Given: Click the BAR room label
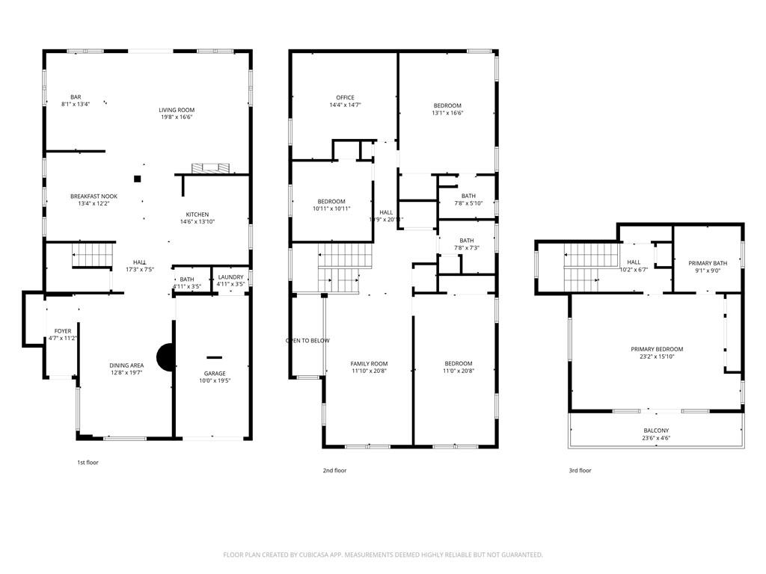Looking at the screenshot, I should pyautogui.click(x=76, y=97).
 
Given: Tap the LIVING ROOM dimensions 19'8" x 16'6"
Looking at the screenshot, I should pyautogui.click(x=177, y=117).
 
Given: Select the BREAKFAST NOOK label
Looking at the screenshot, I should pyautogui.click(x=94, y=196).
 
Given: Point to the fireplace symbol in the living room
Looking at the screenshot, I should pyautogui.click(x=211, y=168).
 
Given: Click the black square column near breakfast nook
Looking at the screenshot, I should pyautogui.click(x=138, y=179).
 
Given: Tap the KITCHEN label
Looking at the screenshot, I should pyautogui.click(x=197, y=215).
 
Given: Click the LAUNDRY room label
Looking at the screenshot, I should pyautogui.click(x=230, y=277).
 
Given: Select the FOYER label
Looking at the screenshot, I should pyautogui.click(x=63, y=331).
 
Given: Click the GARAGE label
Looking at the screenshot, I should pyautogui.click(x=215, y=374).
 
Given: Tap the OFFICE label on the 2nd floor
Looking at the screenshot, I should pyautogui.click(x=345, y=98).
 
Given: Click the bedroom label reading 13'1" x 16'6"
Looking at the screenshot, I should pyautogui.click(x=447, y=114).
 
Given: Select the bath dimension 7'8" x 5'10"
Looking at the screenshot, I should pyautogui.click(x=468, y=203).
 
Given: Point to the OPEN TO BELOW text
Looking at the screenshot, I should pyautogui.click(x=307, y=341).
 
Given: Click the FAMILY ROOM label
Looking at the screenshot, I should pyautogui.click(x=369, y=364).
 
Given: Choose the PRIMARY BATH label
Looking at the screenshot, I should pyautogui.click(x=708, y=263).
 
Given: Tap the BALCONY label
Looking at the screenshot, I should pyautogui.click(x=656, y=430).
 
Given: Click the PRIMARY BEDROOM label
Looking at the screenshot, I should pyautogui.click(x=657, y=349).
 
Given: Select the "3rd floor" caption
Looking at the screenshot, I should pyautogui.click(x=580, y=471).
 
